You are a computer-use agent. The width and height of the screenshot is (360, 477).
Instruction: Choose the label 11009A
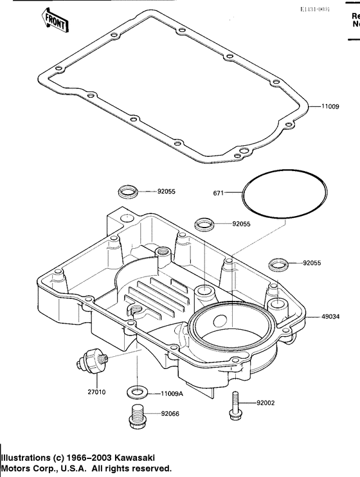point(172,392)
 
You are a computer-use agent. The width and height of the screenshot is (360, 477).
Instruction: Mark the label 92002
point(266,403)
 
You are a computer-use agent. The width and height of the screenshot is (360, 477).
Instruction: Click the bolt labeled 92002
point(235,405)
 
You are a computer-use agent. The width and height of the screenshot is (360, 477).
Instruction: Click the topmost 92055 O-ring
point(127,192)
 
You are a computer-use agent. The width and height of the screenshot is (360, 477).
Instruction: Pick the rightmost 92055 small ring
point(278,263)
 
